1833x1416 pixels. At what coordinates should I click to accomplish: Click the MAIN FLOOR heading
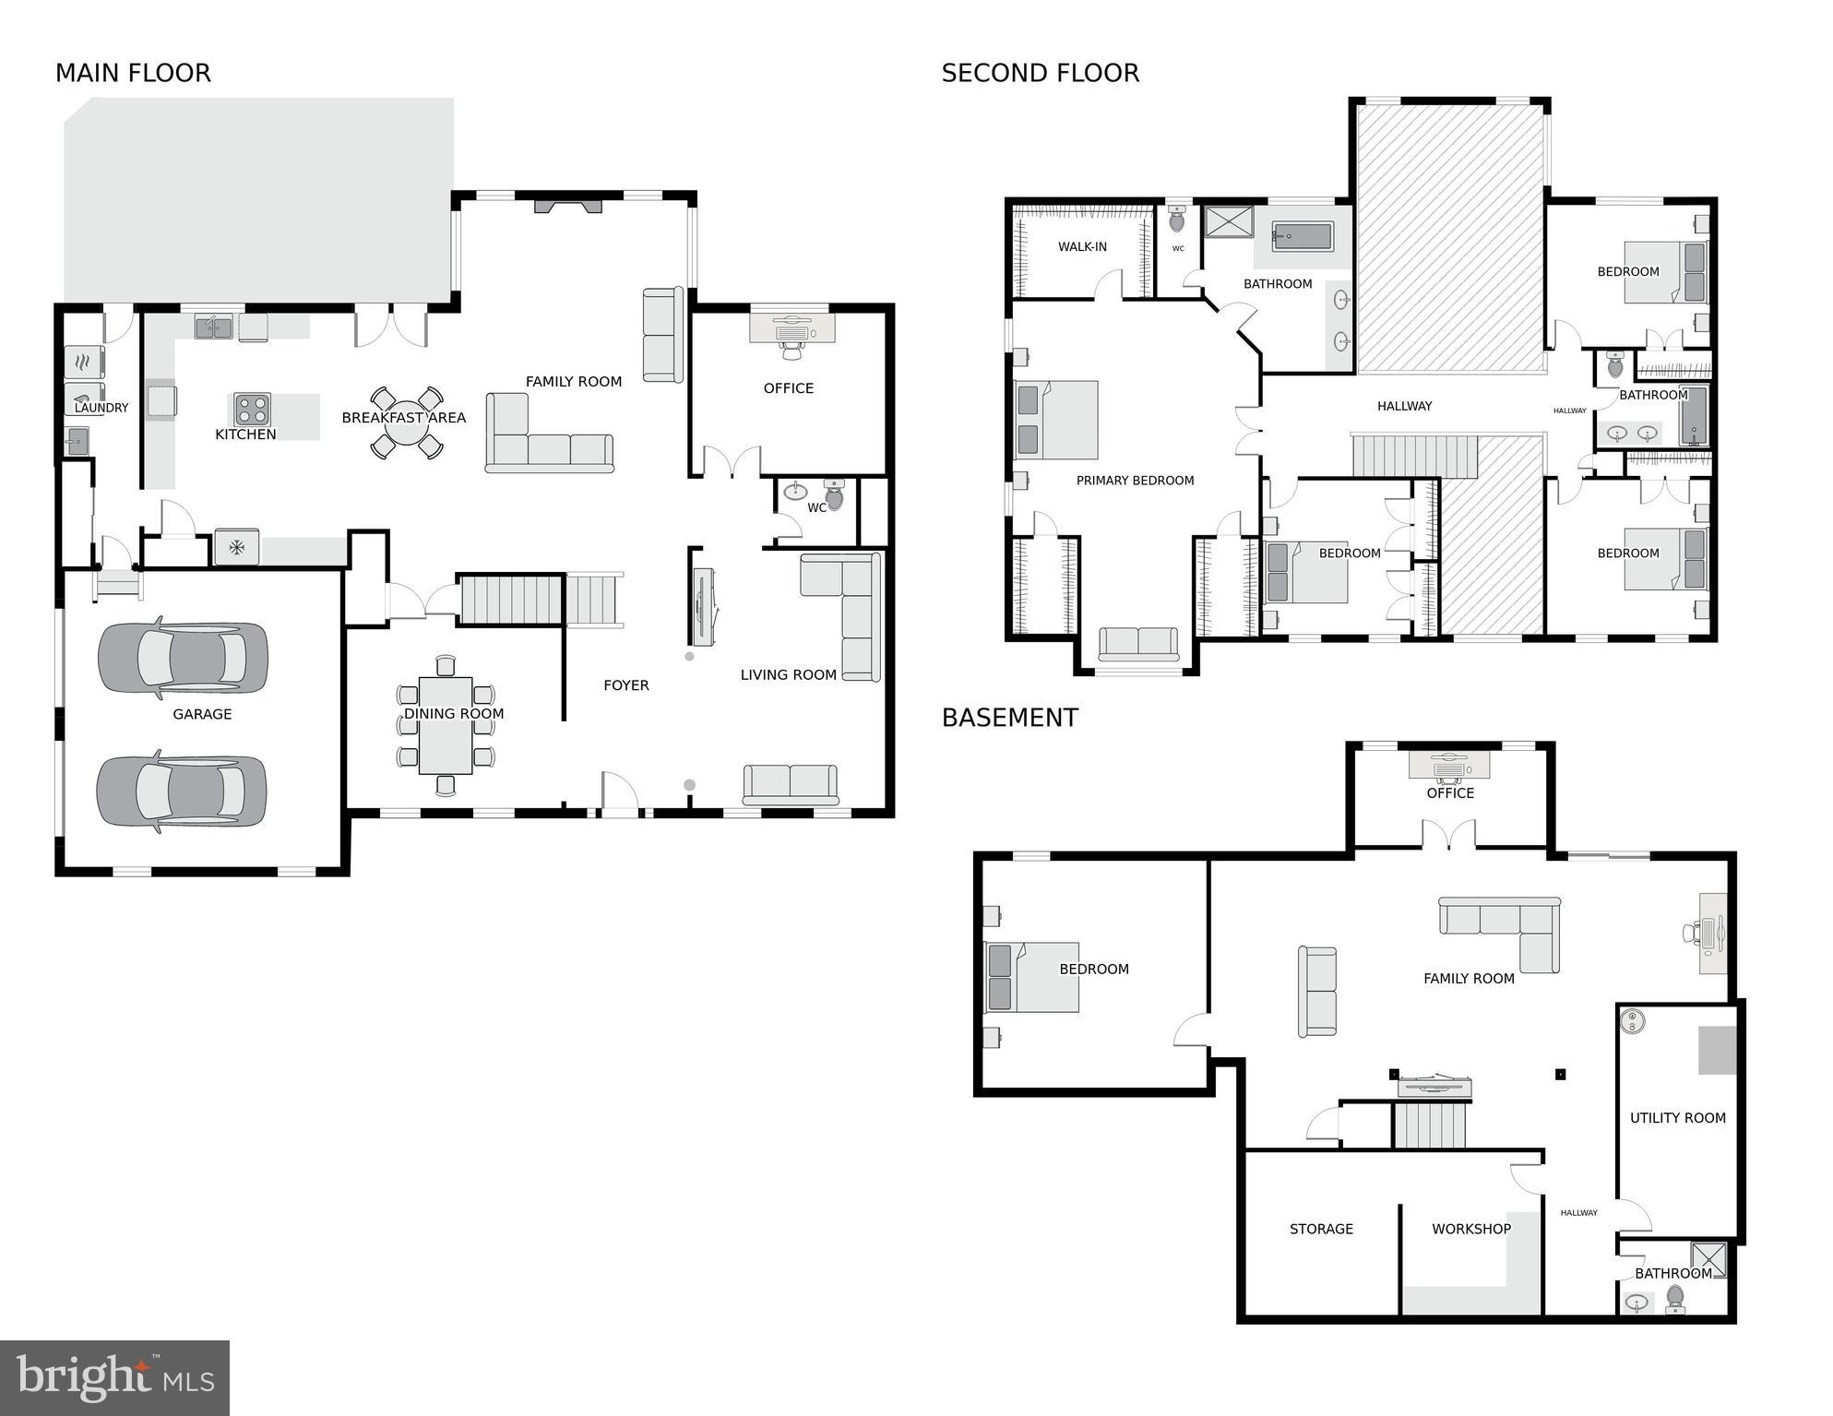click(x=133, y=73)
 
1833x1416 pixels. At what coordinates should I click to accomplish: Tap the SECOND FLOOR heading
click(x=1040, y=73)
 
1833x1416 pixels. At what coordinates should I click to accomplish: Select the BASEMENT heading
click(x=1009, y=718)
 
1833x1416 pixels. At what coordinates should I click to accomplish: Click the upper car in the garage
click(x=183, y=657)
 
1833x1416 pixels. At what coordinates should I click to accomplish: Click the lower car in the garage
click(x=182, y=791)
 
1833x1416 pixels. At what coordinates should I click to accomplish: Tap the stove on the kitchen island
click(x=251, y=409)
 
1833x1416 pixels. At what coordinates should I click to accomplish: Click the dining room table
click(x=446, y=726)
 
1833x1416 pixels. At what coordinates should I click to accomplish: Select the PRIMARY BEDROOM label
click(x=1135, y=481)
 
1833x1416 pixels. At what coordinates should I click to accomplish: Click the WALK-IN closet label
click(x=1082, y=247)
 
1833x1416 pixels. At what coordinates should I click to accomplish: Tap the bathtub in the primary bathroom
click(x=1302, y=237)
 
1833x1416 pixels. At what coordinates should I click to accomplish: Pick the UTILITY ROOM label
click(x=1677, y=1118)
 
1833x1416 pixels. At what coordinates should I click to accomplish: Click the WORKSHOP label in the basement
click(x=1470, y=1229)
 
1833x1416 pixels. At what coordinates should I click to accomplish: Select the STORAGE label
click(x=1321, y=1229)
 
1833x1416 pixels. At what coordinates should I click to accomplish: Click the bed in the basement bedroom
click(x=1032, y=977)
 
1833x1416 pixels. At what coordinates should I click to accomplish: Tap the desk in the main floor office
click(x=792, y=328)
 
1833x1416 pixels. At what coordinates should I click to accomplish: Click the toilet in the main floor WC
click(x=834, y=495)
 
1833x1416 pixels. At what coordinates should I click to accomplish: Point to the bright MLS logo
click(x=114, y=1377)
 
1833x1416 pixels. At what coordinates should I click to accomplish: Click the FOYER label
click(x=625, y=685)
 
